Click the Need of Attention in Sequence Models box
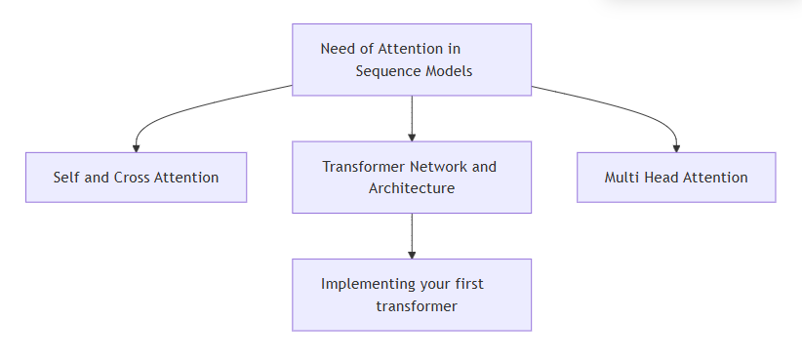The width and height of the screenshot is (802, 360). pos(411,60)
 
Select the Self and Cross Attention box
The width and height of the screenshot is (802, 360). pos(136,178)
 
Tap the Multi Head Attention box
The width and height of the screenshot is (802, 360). pos(676,178)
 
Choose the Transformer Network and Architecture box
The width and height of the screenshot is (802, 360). pos(411,177)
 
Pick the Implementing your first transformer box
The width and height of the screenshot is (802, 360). pos(411,295)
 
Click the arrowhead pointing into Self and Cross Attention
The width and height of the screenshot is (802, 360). pos(136,146)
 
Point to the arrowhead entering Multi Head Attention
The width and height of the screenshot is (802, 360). pos(676,146)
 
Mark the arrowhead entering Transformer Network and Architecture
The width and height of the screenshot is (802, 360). pos(412,136)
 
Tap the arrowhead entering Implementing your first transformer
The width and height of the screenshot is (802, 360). pos(412,254)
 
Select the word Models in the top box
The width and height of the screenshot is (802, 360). pos(449,71)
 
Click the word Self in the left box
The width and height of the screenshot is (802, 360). pos(67,178)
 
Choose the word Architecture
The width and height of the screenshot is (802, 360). pos(411,188)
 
